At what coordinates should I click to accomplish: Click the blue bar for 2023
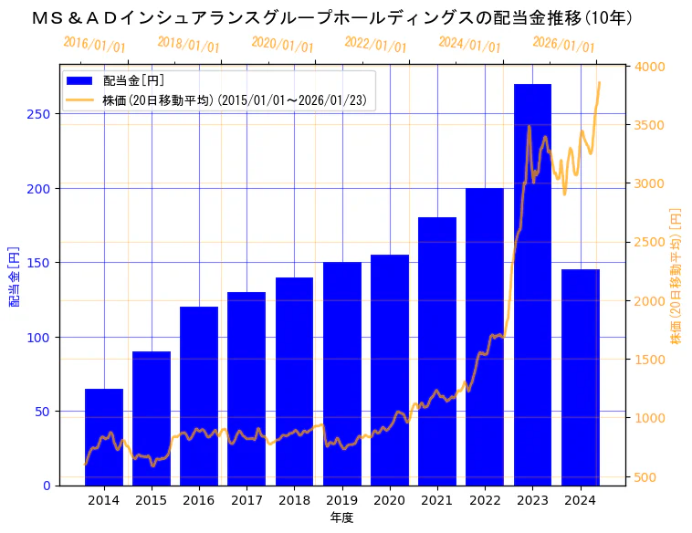tap(532, 284)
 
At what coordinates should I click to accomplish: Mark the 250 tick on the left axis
tap(42, 114)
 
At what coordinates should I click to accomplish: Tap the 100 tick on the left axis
tap(42, 337)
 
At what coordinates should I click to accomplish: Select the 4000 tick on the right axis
tap(650, 67)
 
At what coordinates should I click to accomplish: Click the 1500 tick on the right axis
tap(650, 360)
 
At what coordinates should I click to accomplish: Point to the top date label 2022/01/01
tap(375, 45)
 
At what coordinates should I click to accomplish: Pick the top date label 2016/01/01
tap(94, 45)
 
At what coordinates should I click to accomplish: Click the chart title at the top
tap(332, 17)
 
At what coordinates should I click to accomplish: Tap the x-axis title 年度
tap(341, 517)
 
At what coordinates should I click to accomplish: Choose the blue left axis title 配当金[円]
tap(15, 276)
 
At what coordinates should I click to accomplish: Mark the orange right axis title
tap(676, 276)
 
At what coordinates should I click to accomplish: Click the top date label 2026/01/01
tap(563, 45)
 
